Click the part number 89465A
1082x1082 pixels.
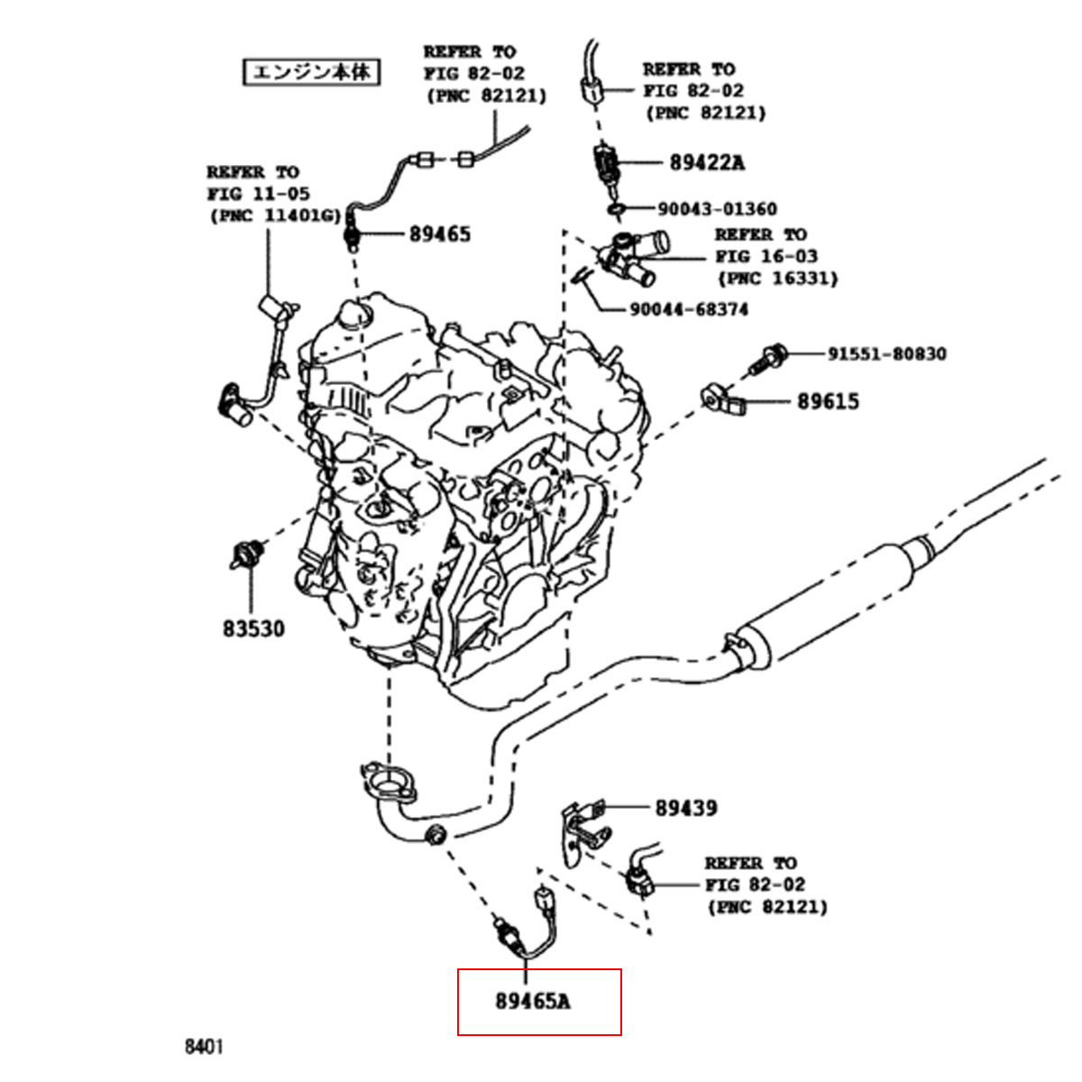[x=532, y=1001]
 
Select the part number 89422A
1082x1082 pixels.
[x=707, y=163]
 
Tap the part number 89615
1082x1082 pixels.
[x=828, y=401]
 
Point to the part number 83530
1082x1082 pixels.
[x=253, y=628]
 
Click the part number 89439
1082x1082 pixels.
[x=686, y=808]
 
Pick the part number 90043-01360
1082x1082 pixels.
[x=717, y=209]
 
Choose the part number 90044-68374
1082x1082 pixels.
[x=688, y=309]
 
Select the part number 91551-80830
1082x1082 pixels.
[x=887, y=353]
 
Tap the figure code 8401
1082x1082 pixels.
[x=204, y=1047]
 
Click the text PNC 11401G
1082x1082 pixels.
[x=276, y=216]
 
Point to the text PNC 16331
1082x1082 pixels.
[x=777, y=279]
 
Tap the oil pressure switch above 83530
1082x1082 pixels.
[x=245, y=554]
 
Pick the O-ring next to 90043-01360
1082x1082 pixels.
[x=617, y=210]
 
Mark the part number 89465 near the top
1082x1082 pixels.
[x=440, y=234]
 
